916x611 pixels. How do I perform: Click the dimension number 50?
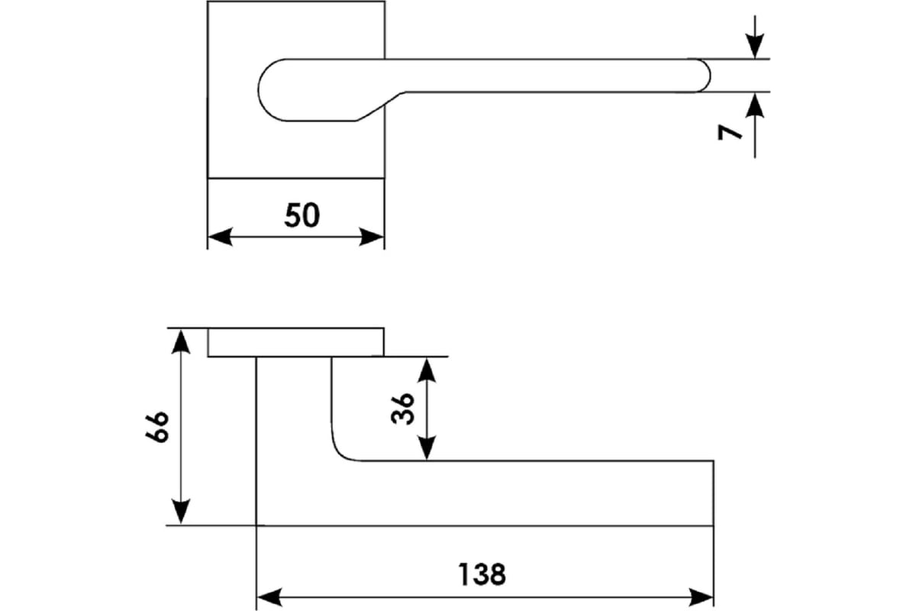point(302,215)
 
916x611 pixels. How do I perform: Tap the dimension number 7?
point(730,133)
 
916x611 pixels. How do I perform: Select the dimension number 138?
point(482,574)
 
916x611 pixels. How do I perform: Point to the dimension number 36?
point(402,409)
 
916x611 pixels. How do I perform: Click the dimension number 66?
point(156,427)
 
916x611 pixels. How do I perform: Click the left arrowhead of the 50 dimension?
point(221,237)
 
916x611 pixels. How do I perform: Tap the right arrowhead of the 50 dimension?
point(371,237)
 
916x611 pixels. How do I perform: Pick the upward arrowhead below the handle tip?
point(754,105)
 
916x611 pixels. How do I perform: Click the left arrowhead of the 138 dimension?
point(269,597)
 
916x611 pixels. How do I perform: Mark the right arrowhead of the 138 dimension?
point(701,597)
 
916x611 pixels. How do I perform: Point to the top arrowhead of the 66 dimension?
point(180,341)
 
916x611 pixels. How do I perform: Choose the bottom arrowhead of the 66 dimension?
point(180,512)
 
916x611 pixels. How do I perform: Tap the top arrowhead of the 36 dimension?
point(427,370)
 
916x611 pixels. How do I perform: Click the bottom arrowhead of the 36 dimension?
point(427,448)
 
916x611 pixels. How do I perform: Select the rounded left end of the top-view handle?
point(259,90)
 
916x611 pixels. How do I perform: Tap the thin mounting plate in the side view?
point(295,342)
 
